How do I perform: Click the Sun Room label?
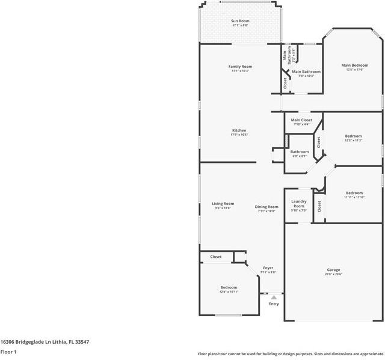click(240, 21)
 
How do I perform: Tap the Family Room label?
click(240, 66)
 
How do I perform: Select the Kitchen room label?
click(239, 130)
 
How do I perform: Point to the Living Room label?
click(223, 204)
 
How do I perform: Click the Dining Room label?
click(266, 207)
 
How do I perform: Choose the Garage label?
click(333, 270)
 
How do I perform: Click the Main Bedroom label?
click(354, 65)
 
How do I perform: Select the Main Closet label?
click(301, 120)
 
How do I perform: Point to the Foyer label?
click(268, 268)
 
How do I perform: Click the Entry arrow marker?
click(274, 297)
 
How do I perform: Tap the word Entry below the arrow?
click(274, 304)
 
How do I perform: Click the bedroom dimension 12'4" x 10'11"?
click(229, 291)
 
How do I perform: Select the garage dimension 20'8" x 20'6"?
click(333, 274)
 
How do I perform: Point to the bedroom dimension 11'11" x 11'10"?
click(354, 197)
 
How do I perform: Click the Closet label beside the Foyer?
click(215, 257)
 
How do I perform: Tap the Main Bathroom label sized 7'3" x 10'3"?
click(306, 72)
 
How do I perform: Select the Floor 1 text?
click(8, 352)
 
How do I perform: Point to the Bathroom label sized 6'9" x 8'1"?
click(300, 151)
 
